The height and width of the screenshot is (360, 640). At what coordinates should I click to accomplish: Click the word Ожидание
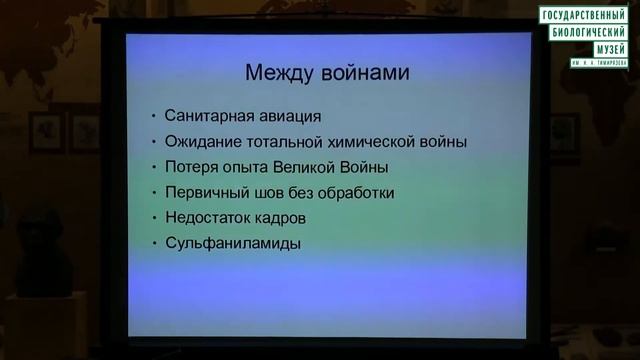pos(205,142)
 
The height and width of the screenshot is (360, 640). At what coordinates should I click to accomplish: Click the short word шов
pos(270,192)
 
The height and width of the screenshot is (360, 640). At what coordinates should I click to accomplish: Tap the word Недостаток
pos(211,217)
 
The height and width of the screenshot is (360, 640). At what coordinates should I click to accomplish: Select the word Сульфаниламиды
pos(233,243)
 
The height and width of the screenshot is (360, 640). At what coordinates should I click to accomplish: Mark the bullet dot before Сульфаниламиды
pos(154,244)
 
